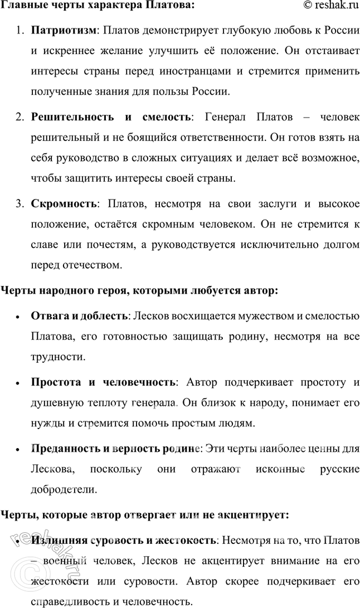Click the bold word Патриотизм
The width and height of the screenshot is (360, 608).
pos(62,30)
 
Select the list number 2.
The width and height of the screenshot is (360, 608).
pos(18,117)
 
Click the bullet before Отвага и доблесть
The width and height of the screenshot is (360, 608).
pos(19,317)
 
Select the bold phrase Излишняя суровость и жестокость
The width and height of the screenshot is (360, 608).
pos(123,541)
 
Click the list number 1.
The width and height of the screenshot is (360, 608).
pos(18,30)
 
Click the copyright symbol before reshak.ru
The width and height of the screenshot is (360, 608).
pos(308,6)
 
